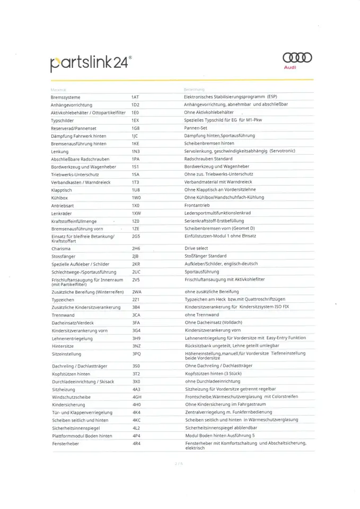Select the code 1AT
(135, 97)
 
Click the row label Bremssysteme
(65, 97)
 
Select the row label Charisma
(61, 248)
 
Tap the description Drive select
(197, 248)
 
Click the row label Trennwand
(63, 315)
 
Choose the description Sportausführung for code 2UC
(201, 271)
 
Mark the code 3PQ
(136, 353)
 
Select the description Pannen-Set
(196, 128)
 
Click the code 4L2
(136, 427)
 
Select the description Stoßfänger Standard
(205, 256)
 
